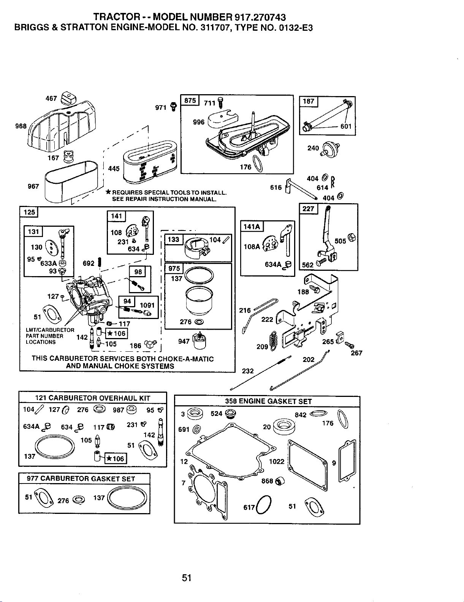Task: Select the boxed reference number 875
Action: [190, 100]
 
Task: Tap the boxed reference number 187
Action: [308, 101]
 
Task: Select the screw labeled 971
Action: [174, 106]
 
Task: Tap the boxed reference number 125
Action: [29, 212]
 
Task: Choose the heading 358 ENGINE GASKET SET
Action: [268, 401]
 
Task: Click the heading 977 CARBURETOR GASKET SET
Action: [81, 479]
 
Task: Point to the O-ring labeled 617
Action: [264, 504]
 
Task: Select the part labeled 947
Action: [200, 340]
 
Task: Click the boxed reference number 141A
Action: [252, 227]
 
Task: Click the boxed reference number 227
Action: [308, 209]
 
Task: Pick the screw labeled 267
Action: [350, 345]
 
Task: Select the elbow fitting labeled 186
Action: [151, 344]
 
